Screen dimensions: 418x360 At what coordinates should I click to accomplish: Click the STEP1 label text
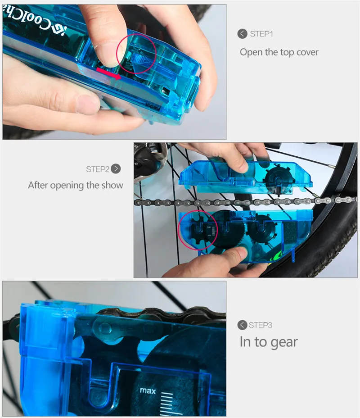click(261, 34)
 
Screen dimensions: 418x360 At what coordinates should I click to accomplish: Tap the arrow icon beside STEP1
click(242, 34)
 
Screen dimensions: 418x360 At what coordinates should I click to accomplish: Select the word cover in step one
click(307, 52)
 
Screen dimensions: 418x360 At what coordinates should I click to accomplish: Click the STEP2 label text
click(98, 169)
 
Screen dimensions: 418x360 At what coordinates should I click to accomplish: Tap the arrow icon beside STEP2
click(116, 169)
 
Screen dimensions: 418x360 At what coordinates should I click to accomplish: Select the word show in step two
click(112, 185)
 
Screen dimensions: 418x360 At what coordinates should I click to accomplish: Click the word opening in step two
click(67, 186)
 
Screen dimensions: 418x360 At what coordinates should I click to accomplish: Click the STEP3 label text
click(261, 325)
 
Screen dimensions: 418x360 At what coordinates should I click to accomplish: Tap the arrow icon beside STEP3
click(242, 325)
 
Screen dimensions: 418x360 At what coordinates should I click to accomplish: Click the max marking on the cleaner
click(148, 391)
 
